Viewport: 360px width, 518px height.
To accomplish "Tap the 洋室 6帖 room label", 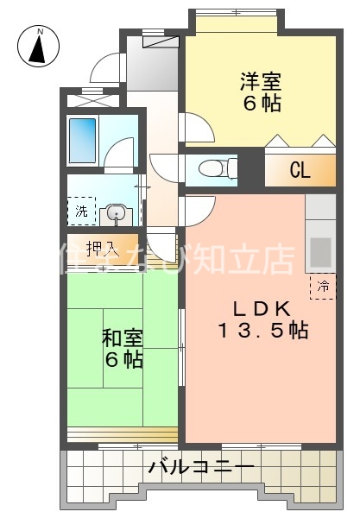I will click(x=260, y=92).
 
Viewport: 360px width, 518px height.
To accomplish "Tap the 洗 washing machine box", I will click(x=80, y=211).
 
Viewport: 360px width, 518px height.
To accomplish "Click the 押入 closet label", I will click(x=102, y=250).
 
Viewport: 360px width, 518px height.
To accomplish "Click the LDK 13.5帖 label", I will click(x=262, y=319).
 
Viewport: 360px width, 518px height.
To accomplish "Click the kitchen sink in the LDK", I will click(x=321, y=251).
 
